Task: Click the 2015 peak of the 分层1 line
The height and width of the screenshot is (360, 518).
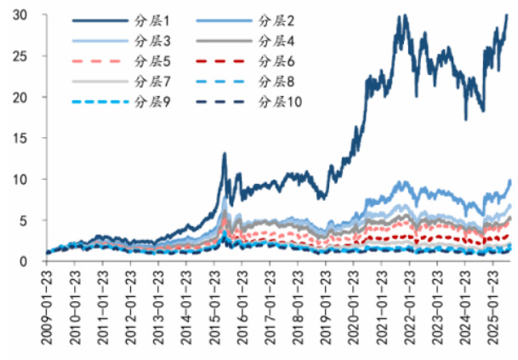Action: pyautogui.click(x=225, y=154)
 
